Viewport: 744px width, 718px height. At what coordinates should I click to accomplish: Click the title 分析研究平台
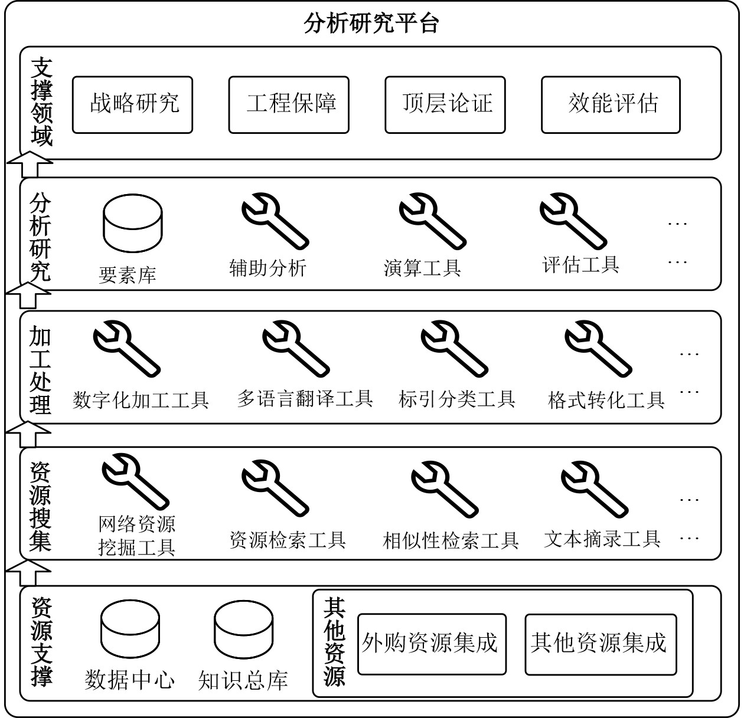coord(371,23)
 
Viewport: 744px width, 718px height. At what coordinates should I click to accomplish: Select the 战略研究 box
coord(133,104)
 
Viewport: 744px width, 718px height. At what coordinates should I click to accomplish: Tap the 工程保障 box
coord(289,104)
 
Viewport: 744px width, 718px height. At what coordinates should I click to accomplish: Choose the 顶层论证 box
coord(445,104)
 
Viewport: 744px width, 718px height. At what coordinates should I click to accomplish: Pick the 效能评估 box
coord(611,104)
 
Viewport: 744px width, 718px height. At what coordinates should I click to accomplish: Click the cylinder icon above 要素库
coord(133,223)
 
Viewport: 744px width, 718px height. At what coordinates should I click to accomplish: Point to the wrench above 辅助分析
coord(275,221)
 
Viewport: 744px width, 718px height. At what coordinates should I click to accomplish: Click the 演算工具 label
coord(422,267)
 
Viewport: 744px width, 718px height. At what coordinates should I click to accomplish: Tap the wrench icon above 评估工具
coord(573,221)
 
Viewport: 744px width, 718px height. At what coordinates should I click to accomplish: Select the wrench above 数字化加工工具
coord(127,349)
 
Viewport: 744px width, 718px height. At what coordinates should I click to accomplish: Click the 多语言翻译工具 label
coord(305,399)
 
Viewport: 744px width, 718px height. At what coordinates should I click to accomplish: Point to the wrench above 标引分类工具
coord(455,349)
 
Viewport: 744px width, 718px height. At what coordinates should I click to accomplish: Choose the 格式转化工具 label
coord(606,400)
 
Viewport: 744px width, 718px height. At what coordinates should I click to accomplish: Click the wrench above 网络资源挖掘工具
coord(136,482)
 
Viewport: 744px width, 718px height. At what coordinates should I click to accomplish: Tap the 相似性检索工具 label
coord(451,540)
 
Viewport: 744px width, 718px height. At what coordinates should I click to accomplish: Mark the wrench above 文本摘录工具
coord(595,490)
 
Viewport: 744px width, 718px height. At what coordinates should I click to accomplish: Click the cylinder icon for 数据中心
coord(130,629)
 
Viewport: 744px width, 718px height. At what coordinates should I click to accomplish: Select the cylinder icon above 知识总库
coord(243,629)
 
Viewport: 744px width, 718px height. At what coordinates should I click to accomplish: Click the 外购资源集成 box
coord(432,644)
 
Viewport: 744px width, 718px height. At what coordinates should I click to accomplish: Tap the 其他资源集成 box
coord(601,644)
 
